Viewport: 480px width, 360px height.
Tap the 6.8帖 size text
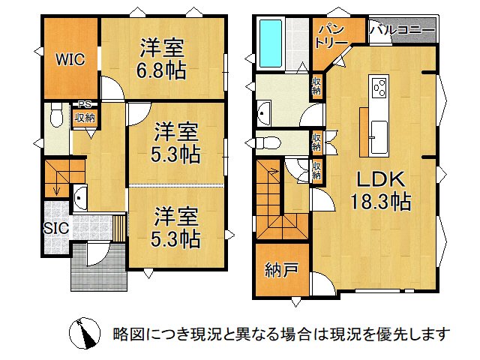[161, 73]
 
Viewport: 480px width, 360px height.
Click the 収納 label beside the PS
[84, 117]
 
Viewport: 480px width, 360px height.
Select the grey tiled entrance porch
[97, 270]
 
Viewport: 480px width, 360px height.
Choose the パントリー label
[331, 36]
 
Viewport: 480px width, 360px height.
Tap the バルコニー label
[402, 32]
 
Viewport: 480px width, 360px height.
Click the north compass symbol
[84, 333]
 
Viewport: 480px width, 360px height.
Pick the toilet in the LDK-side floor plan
[271, 142]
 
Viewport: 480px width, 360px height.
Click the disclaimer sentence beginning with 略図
[281, 332]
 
